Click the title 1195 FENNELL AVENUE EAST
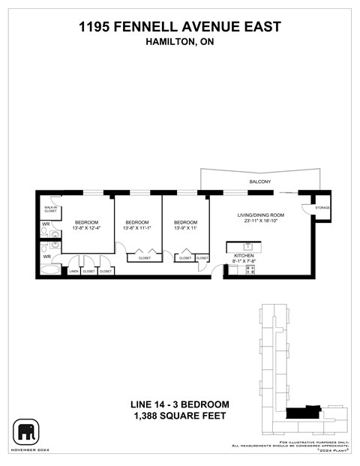(180, 27)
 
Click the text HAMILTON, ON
(180, 43)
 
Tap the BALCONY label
(259, 182)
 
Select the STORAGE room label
(322, 207)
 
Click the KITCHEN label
(244, 256)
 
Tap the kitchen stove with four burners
(250, 270)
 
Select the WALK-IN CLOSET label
(50, 209)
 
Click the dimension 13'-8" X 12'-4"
(86, 228)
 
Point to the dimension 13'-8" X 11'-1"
(137, 228)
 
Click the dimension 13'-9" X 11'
(185, 228)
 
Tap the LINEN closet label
(73, 271)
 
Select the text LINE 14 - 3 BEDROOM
(180, 404)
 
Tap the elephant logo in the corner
(26, 432)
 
